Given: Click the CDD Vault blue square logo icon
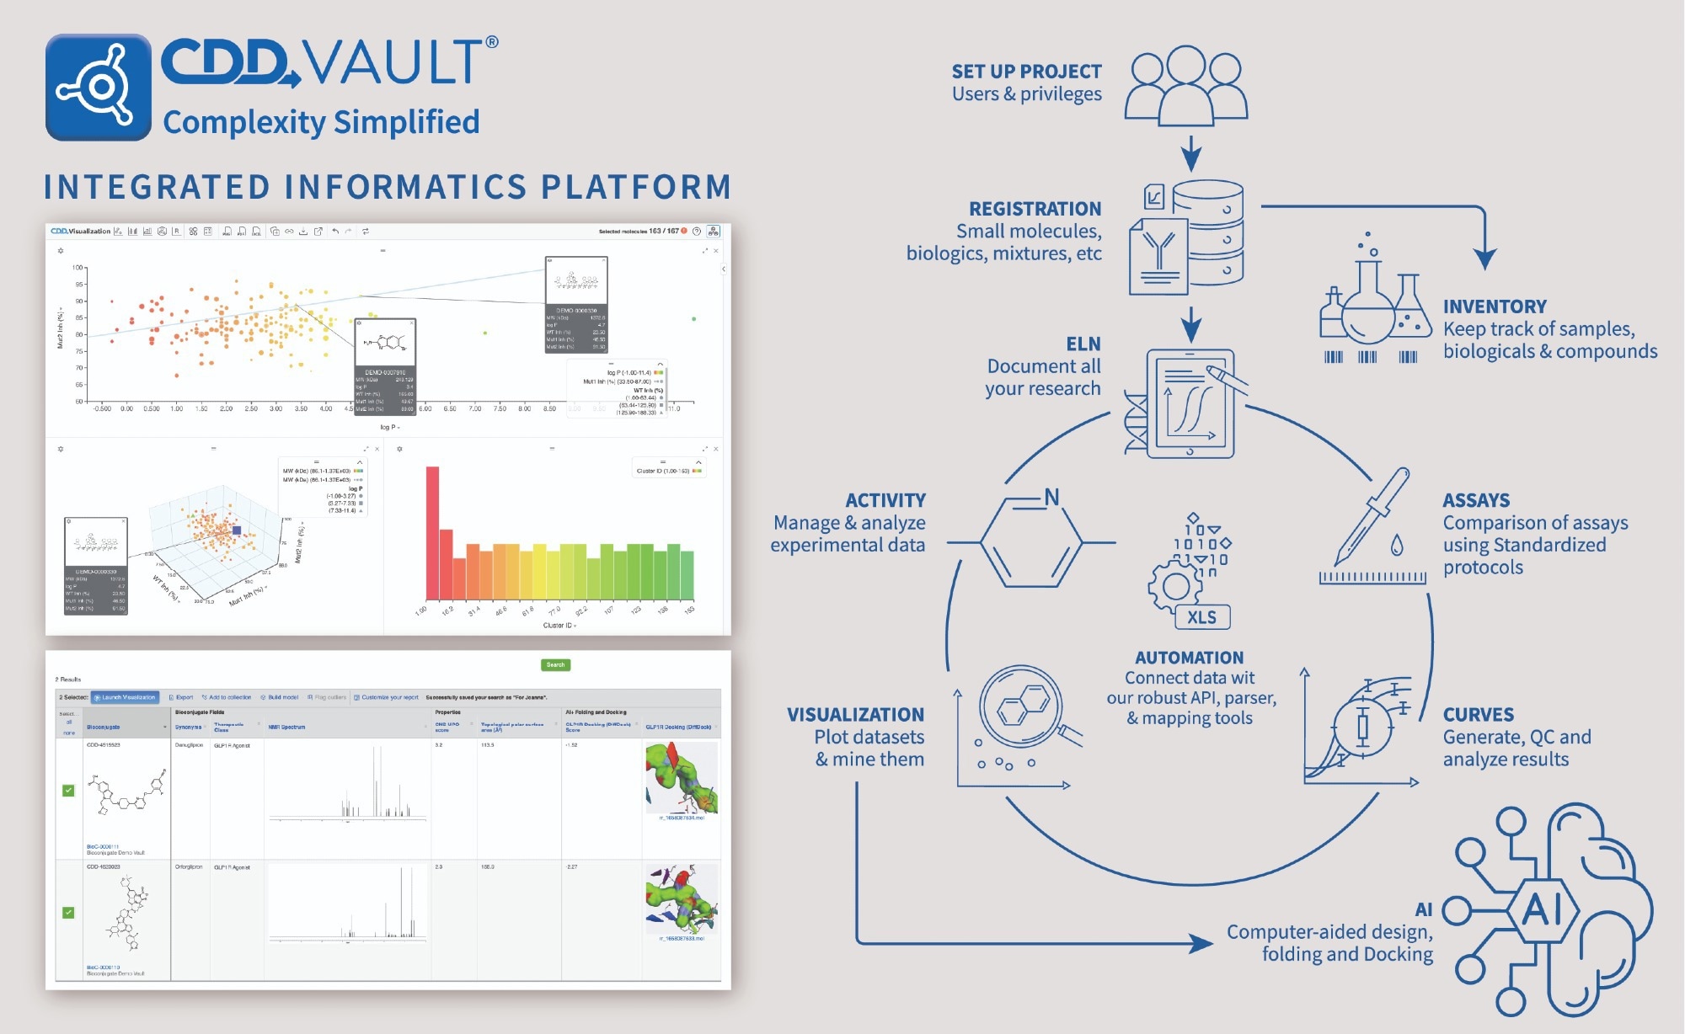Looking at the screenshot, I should point(99,87).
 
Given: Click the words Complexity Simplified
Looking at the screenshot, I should point(321,122).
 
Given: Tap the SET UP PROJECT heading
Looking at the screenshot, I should point(1026,72).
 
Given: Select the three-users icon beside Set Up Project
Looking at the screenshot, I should point(1185,84).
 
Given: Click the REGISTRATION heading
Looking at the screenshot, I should point(1035,209).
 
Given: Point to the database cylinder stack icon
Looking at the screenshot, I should point(1208,232).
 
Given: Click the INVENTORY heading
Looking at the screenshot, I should point(1495,306).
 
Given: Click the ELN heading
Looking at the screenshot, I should point(1083,344).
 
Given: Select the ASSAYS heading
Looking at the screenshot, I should point(1476,500).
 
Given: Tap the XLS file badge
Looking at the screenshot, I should point(1202,617).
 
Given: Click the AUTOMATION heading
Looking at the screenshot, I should point(1189,658).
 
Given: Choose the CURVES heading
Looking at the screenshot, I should point(1478,715).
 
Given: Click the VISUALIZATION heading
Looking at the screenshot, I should point(855,715).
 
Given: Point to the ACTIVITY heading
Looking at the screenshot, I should point(885,500).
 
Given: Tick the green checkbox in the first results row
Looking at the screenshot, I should point(68,791).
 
